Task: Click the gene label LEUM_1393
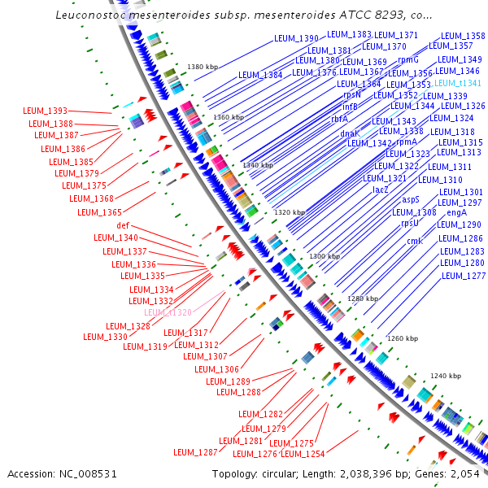tap(45, 111)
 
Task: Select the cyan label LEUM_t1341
tap(458, 83)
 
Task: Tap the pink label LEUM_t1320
tap(168, 312)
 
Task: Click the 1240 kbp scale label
tap(445, 376)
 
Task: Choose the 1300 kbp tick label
tap(323, 256)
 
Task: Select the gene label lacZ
tap(380, 190)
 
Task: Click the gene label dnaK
tap(350, 133)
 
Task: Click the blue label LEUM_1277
tap(463, 276)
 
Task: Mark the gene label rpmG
tap(407, 60)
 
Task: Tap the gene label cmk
tap(415, 241)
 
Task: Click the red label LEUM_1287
tap(196, 452)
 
